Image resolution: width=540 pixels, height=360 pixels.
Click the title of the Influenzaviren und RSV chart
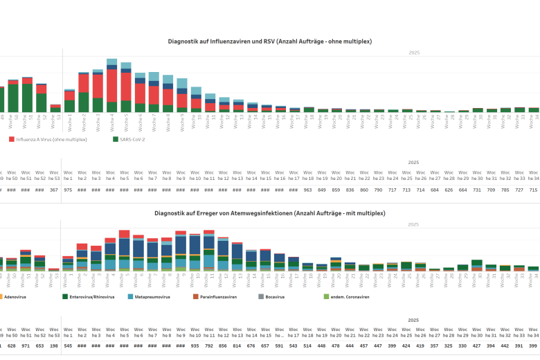(270, 42)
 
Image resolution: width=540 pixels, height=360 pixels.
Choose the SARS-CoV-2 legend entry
(129, 139)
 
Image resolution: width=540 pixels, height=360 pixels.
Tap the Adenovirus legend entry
(15, 296)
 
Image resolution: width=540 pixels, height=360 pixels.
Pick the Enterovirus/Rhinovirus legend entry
(91, 296)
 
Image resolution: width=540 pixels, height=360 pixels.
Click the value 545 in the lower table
(68, 345)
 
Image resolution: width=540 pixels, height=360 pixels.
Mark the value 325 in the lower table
(449, 345)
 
